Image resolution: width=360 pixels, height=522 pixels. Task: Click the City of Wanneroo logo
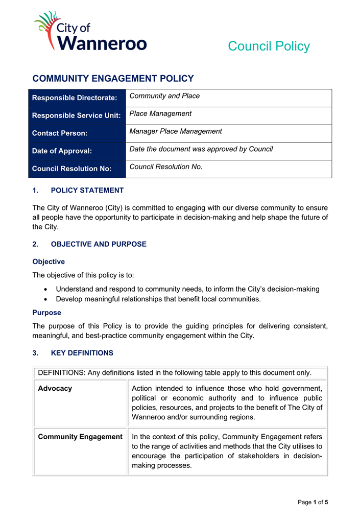click(90, 32)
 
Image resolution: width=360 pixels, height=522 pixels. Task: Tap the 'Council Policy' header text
click(269, 46)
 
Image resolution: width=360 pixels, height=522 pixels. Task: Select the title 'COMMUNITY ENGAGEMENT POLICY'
click(113, 79)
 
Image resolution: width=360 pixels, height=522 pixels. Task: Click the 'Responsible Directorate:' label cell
click(75, 98)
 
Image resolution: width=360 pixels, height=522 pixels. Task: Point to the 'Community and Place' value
click(164, 96)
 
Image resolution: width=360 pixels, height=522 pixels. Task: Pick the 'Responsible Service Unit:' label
click(76, 115)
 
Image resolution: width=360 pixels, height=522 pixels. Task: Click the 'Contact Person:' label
click(60, 133)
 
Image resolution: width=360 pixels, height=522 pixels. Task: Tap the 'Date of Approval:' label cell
click(62, 151)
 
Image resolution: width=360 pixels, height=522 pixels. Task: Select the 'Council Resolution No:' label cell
click(71, 169)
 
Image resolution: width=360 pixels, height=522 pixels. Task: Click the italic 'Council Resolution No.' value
click(166, 167)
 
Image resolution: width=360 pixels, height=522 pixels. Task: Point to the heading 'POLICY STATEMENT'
click(87, 191)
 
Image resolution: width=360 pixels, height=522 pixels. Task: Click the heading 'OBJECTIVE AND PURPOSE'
click(99, 244)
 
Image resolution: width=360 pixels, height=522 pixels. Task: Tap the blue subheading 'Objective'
click(49, 262)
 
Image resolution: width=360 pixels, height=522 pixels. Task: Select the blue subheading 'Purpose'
click(46, 313)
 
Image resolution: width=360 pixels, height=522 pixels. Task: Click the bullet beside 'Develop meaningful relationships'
click(46, 299)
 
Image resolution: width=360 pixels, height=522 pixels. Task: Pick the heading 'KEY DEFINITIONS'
click(82, 353)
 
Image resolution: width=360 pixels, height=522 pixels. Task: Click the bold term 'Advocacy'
click(55, 388)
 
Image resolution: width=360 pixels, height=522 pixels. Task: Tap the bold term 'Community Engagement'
click(80, 437)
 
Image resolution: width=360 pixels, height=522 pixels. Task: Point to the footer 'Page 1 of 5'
click(313, 502)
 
